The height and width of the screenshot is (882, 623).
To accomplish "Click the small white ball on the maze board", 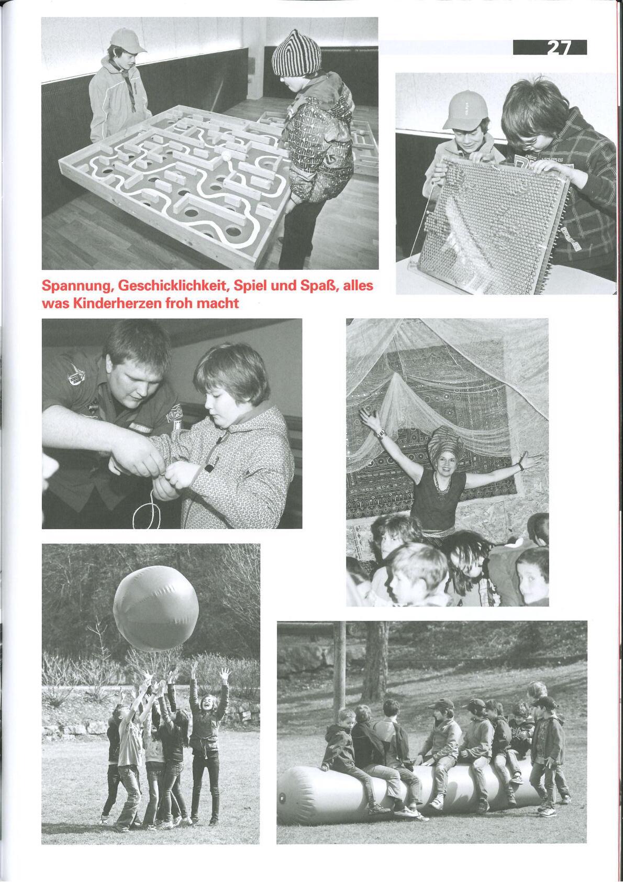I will [226, 155].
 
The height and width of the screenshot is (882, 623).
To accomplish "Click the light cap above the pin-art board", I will [465, 109].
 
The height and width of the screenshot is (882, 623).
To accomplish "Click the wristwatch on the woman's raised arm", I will [381, 433].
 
